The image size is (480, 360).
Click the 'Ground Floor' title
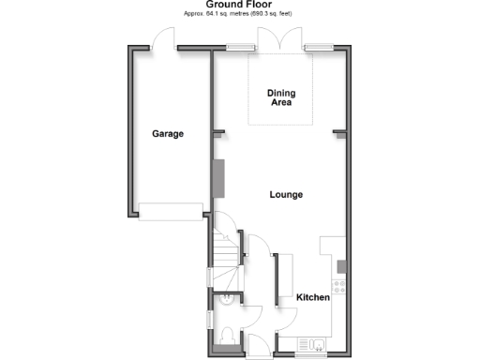[x=238, y=5]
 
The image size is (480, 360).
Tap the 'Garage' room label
[x=168, y=134]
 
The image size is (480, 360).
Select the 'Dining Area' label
[x=279, y=97]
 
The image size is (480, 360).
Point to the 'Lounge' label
[x=285, y=195]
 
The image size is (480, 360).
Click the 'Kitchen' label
[x=313, y=297]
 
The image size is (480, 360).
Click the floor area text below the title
[x=239, y=15]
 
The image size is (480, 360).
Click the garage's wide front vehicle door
[x=170, y=211]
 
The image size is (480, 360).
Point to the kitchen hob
[x=339, y=285]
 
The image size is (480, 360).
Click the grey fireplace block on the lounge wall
[x=217, y=179]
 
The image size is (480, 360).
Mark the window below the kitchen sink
[x=310, y=354]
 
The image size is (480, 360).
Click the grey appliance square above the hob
[x=341, y=263]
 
